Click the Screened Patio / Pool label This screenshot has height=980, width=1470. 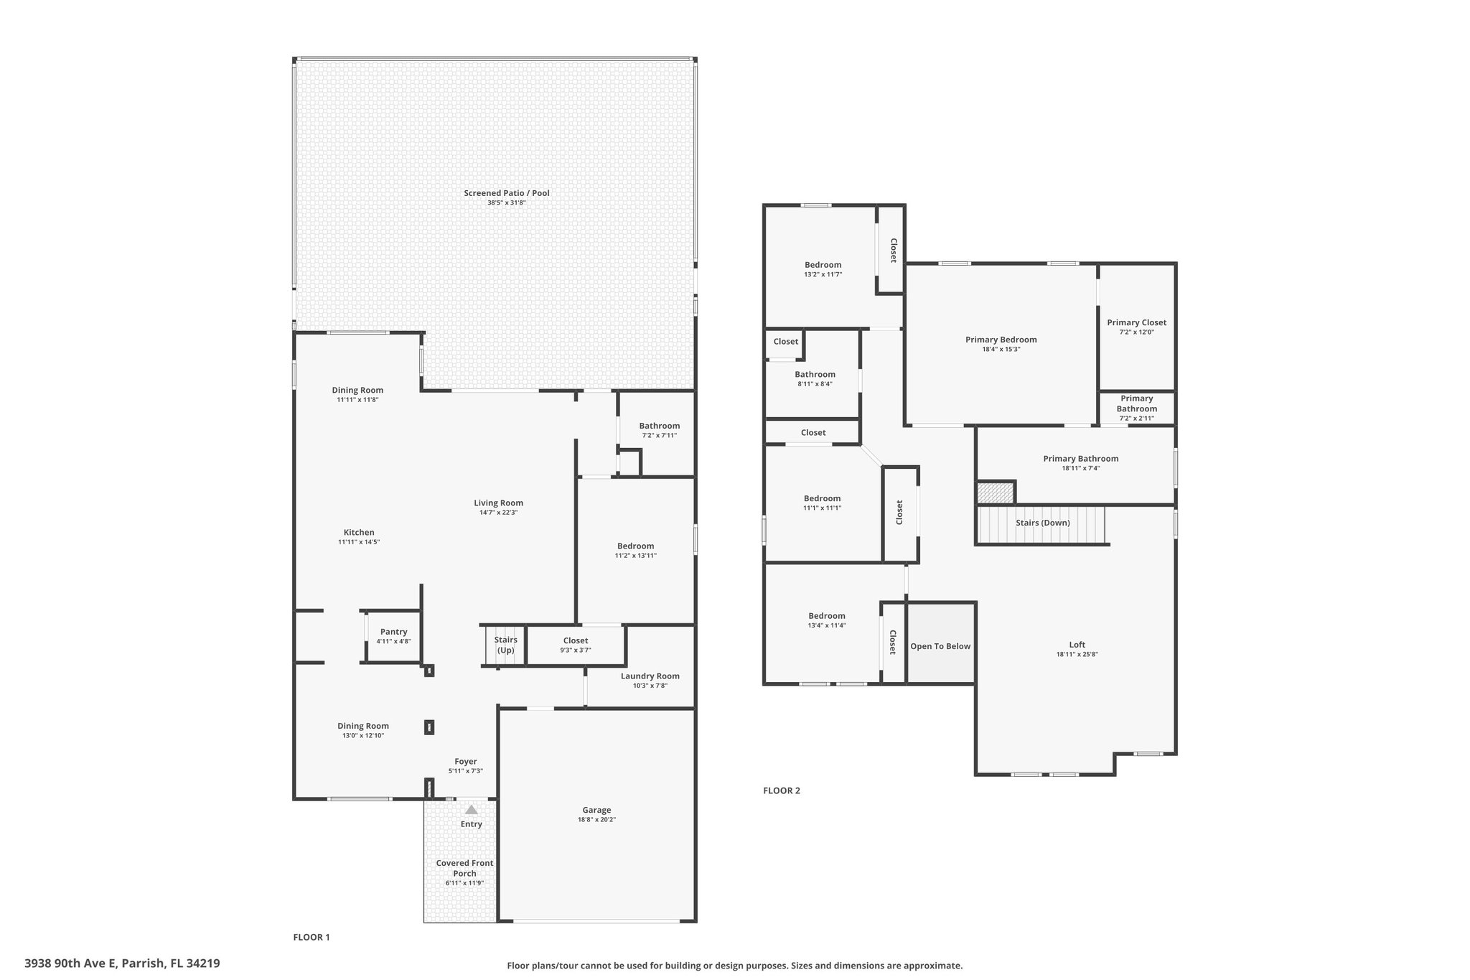506,193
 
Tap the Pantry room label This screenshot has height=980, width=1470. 393,632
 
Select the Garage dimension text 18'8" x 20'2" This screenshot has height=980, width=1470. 596,820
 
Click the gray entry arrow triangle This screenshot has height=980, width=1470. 471,809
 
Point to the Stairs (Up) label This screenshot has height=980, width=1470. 505,645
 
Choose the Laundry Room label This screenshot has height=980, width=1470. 650,676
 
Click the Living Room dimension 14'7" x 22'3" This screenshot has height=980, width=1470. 498,513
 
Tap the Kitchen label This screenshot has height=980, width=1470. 359,532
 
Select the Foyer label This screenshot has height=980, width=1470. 465,761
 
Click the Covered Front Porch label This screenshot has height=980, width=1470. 464,868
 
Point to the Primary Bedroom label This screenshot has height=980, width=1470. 1001,340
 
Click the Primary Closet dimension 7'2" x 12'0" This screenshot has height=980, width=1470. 1136,332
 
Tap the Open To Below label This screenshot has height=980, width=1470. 940,646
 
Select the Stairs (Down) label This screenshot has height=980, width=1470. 1042,523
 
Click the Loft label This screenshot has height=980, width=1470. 1077,645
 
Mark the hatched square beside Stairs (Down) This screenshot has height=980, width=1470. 996,493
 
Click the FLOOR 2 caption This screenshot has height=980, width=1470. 781,790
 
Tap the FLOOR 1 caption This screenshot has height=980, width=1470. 312,937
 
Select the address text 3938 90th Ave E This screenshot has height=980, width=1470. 70,963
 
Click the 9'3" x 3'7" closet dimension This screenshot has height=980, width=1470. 575,650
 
